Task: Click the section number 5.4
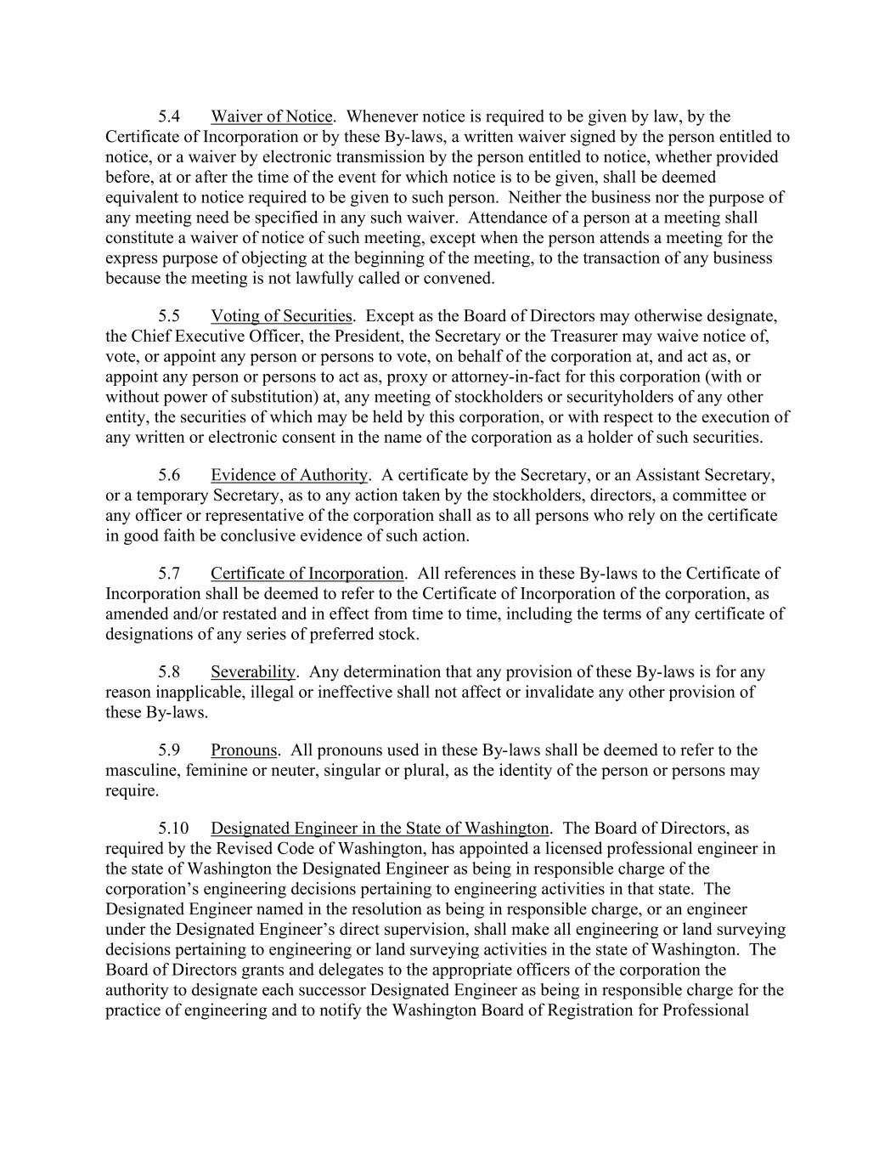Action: pyautogui.click(x=169, y=116)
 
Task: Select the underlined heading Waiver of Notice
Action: pyautogui.click(x=271, y=116)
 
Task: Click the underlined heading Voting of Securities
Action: pyautogui.click(x=281, y=316)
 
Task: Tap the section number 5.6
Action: pyautogui.click(x=169, y=475)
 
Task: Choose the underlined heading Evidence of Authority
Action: pyautogui.click(x=289, y=475)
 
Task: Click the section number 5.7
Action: pyautogui.click(x=169, y=574)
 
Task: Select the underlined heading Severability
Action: pyautogui.click(x=253, y=672)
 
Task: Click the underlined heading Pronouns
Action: pyautogui.click(x=244, y=750)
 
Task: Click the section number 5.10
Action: pyautogui.click(x=172, y=829)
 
